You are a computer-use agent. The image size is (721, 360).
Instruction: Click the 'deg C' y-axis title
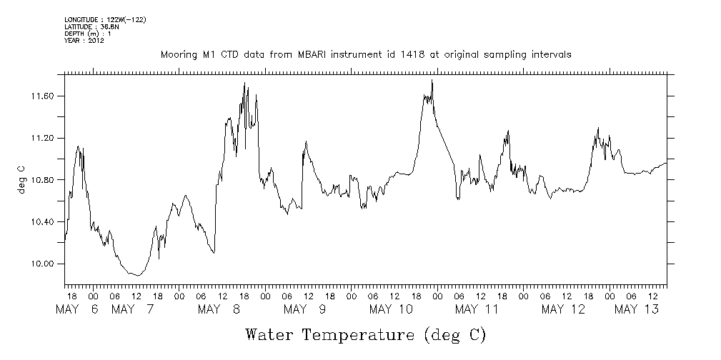(x=21, y=179)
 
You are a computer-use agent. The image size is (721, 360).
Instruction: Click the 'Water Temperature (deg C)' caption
(x=366, y=334)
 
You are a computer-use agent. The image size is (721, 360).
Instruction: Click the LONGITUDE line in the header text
(x=105, y=19)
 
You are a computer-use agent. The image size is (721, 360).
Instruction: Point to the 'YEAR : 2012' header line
(x=84, y=41)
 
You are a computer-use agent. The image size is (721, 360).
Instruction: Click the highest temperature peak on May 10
(x=432, y=81)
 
